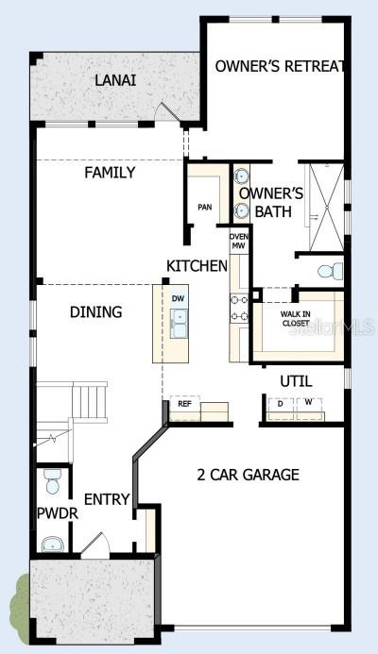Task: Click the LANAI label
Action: [115, 80]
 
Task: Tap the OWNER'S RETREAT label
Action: [281, 66]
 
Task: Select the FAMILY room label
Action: [110, 173]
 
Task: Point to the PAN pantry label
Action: [205, 207]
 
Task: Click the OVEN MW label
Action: [238, 242]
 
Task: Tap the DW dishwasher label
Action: [178, 298]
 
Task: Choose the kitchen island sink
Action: [179, 324]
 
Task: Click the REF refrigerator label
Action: [184, 404]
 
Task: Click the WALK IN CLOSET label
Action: [295, 319]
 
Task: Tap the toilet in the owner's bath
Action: [331, 272]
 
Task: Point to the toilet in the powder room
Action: [53, 481]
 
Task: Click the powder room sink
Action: [53, 544]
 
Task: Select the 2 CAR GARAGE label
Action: [249, 475]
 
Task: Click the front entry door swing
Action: [95, 544]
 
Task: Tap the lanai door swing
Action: [168, 111]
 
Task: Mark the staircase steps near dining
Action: [90, 401]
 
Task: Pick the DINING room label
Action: [96, 312]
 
